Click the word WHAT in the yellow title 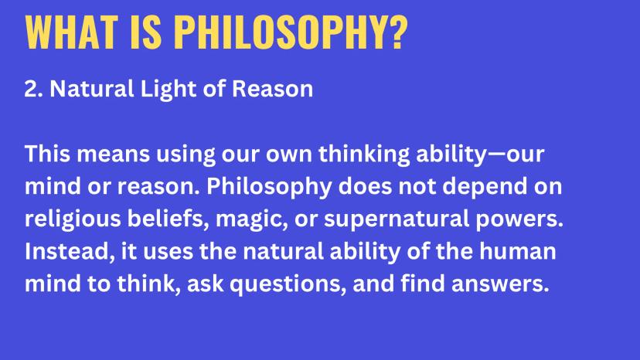tap(71, 32)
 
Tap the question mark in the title tap(396, 32)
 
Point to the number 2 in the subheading tap(31, 89)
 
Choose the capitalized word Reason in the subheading tap(272, 89)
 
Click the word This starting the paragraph tap(47, 154)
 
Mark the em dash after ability tap(497, 155)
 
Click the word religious tap(73, 219)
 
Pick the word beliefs tap(165, 219)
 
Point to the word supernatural tap(397, 219)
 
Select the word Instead tap(70, 252)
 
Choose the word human tap(517, 251)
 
